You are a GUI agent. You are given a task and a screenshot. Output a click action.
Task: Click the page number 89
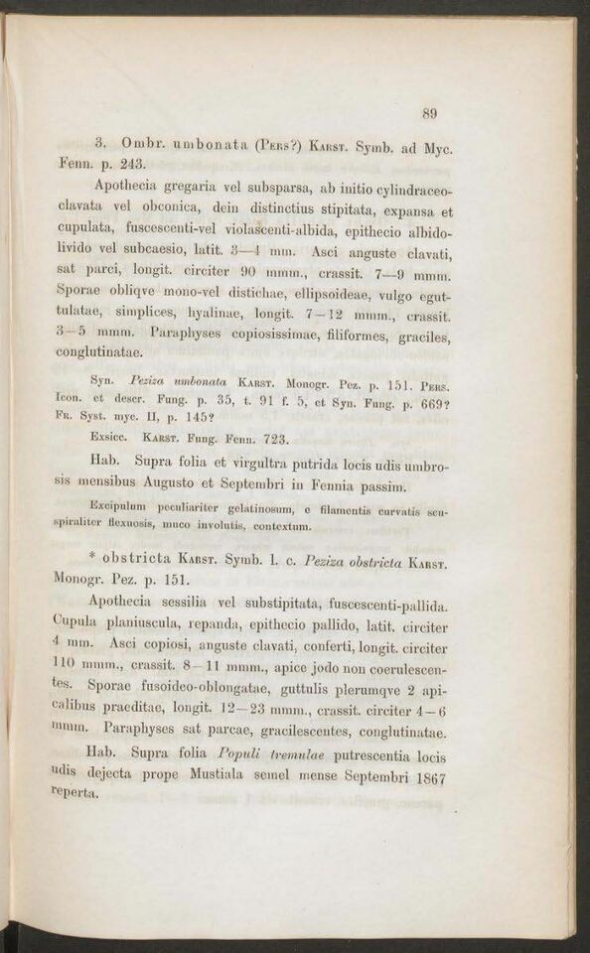point(429,112)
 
